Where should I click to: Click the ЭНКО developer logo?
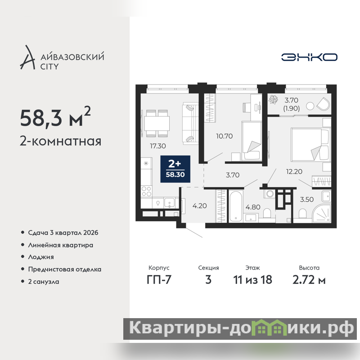click(x=309, y=57)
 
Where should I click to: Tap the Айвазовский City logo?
click(x=62, y=58)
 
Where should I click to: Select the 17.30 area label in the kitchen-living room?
click(x=158, y=146)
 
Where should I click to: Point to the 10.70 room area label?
click(x=224, y=136)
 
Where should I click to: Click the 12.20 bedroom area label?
click(x=294, y=171)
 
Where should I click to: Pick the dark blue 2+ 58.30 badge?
click(x=175, y=169)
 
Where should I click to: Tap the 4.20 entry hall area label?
click(x=199, y=206)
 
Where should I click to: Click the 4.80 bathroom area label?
click(x=253, y=207)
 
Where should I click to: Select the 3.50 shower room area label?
click(x=307, y=199)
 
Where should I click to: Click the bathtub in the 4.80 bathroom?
click(x=236, y=206)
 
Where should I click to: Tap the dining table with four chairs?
click(x=157, y=123)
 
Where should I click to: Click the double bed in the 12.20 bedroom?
click(x=310, y=144)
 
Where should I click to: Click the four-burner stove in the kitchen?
click(x=146, y=191)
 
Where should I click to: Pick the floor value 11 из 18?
click(x=252, y=279)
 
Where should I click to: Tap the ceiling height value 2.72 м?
click(x=309, y=279)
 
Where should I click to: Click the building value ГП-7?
click(x=159, y=279)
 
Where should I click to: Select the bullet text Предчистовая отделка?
click(x=64, y=269)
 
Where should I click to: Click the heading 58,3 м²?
click(x=55, y=117)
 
